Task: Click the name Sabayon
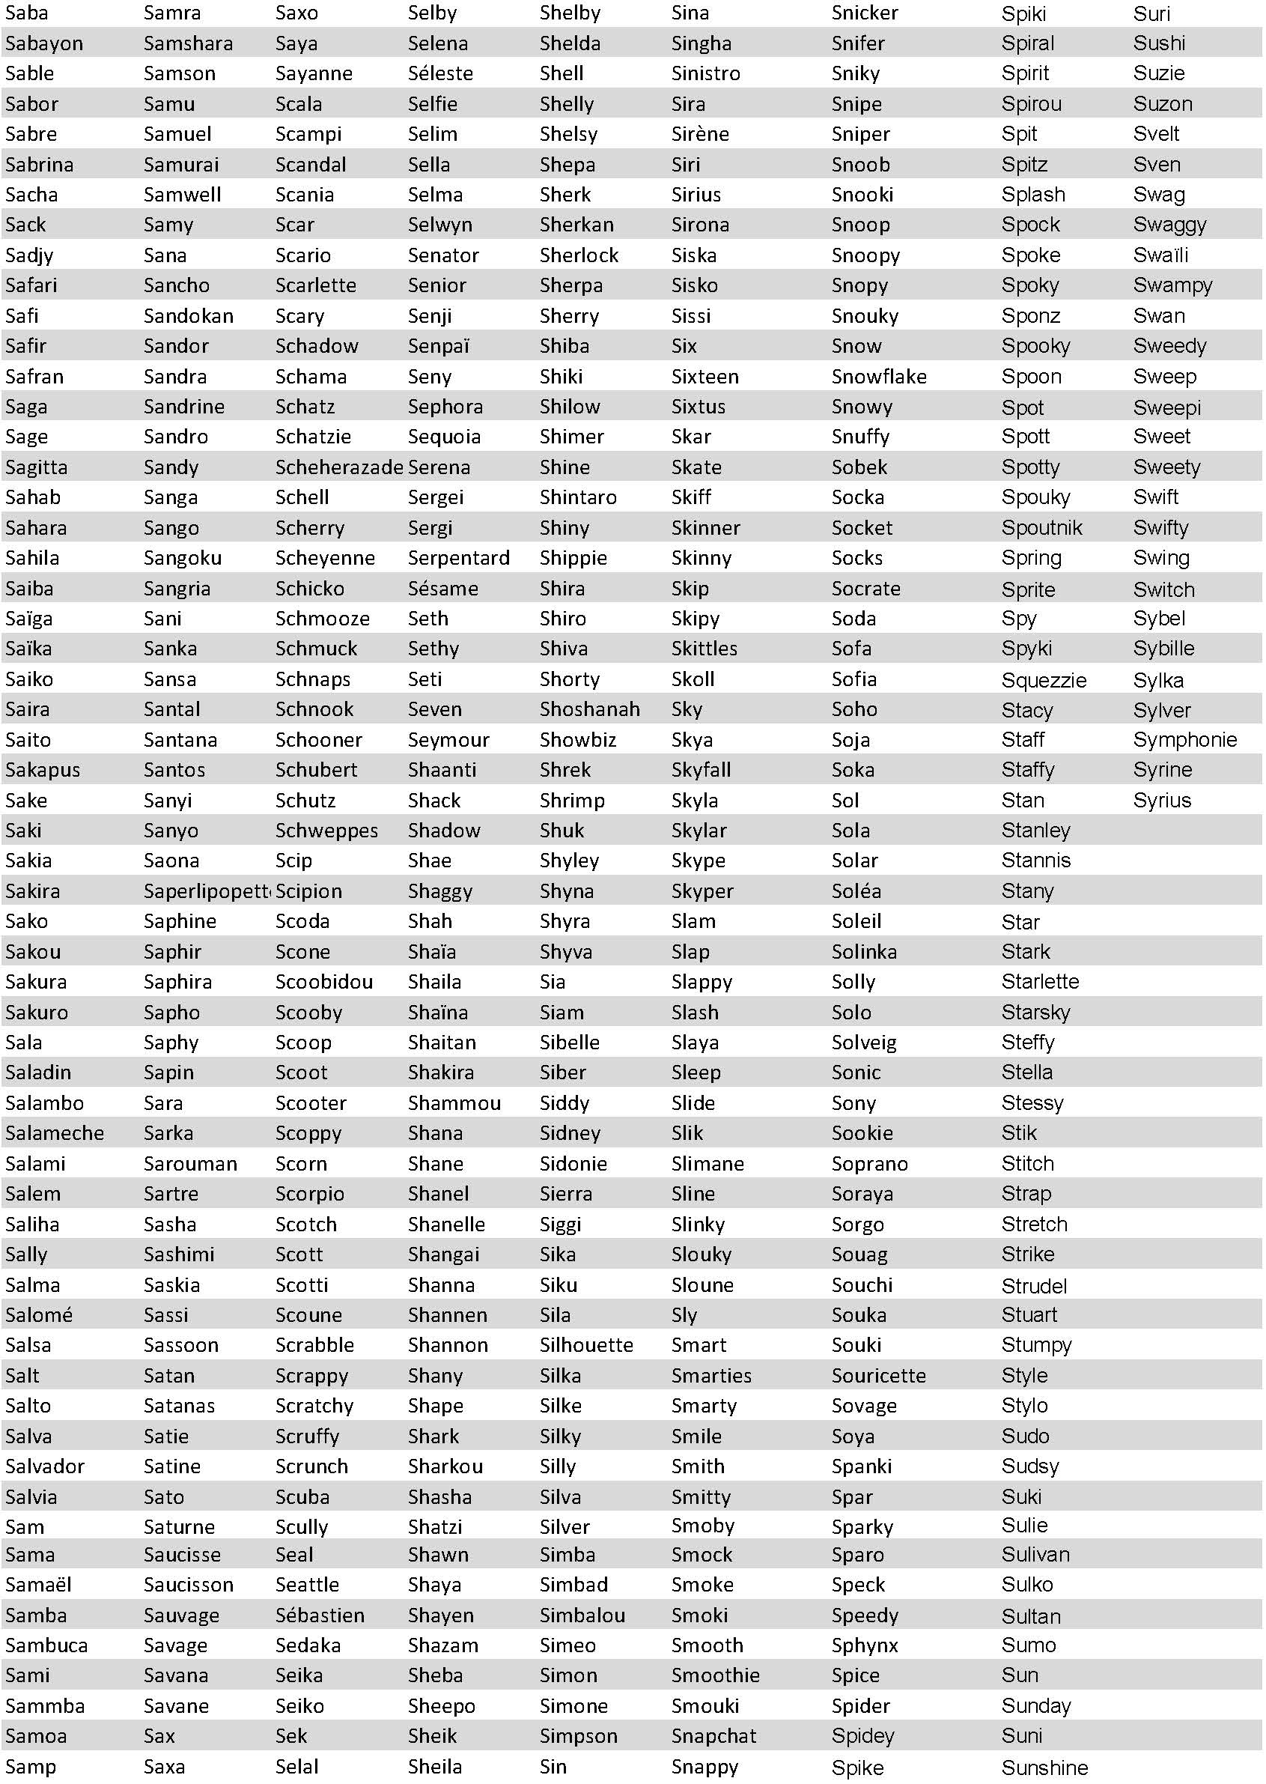click(43, 43)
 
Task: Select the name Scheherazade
click(338, 467)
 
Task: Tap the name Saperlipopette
click(207, 891)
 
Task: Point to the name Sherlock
click(579, 255)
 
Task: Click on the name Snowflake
click(878, 377)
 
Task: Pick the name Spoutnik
click(1041, 528)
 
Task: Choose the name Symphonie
click(1185, 739)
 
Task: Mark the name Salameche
click(55, 1133)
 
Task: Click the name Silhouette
click(586, 1345)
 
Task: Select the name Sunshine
click(1044, 1768)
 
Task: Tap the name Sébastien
click(320, 1615)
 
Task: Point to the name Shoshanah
click(589, 709)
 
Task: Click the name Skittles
click(704, 648)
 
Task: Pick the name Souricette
click(878, 1375)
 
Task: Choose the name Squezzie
click(1044, 680)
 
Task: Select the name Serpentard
click(458, 557)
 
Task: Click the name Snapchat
click(713, 1735)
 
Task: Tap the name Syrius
click(1161, 800)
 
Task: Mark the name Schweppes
click(326, 831)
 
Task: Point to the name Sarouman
click(190, 1163)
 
